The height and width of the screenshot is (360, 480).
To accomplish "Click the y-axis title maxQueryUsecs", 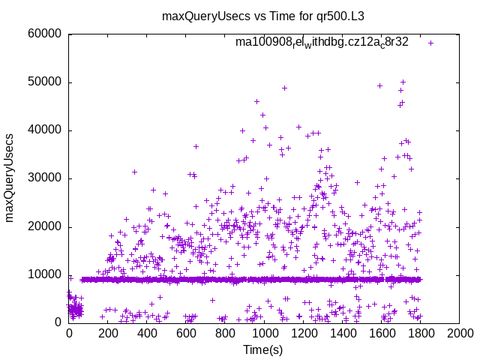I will click(x=10, y=178).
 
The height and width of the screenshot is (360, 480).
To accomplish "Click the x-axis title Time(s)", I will click(x=264, y=349).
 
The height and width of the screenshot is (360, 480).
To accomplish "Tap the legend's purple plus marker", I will click(x=431, y=43).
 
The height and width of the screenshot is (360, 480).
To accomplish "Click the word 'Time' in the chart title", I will click(x=274, y=16).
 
